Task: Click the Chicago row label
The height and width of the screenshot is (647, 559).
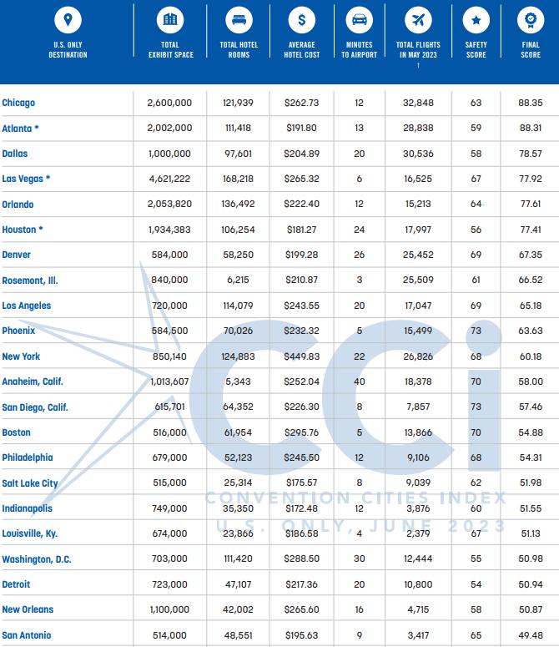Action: (x=18, y=103)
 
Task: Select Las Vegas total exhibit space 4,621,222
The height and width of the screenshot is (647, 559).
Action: (x=169, y=179)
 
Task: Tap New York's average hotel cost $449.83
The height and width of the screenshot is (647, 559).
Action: (x=301, y=356)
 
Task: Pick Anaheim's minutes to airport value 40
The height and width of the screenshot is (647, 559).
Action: (x=359, y=382)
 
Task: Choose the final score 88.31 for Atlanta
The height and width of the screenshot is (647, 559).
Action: (x=531, y=129)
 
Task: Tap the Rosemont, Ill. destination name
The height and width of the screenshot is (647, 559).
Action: (x=30, y=281)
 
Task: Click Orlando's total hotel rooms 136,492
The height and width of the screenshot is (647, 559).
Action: (x=238, y=205)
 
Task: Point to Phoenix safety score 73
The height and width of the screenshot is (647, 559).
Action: (x=476, y=331)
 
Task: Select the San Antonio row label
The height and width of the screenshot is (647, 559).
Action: (x=27, y=635)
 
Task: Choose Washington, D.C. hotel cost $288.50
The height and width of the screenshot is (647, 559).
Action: (x=301, y=559)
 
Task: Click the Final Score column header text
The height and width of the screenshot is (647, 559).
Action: (x=531, y=50)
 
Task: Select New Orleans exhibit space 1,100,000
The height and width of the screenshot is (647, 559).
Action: (x=169, y=609)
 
